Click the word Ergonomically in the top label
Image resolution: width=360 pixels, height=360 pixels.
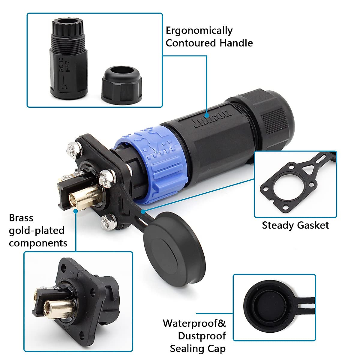pos(199,31)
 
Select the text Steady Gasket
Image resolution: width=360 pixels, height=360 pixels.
pos(295,225)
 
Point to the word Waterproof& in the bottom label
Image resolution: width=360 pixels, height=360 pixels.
pos(194,323)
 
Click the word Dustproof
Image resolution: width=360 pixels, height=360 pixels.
pos(202,336)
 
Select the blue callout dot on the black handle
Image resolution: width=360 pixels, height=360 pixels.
pos(207,115)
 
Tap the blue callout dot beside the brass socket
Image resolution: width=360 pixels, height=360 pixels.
pos(76,211)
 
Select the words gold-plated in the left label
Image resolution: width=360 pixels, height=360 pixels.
pos(37,230)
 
